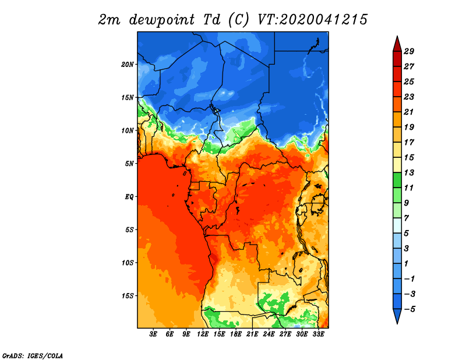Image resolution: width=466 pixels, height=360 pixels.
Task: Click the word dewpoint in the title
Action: pyautogui.click(x=162, y=20)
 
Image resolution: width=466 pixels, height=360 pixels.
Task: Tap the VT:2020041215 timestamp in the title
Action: pyautogui.click(x=312, y=20)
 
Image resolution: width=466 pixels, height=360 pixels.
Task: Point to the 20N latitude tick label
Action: pyautogui.click(x=127, y=65)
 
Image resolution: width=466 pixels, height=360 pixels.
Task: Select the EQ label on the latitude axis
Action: pyautogui.click(x=129, y=197)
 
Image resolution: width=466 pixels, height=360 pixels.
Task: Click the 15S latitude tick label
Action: pyautogui.click(x=127, y=296)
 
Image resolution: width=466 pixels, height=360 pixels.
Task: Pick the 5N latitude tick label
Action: pyautogui.click(x=129, y=164)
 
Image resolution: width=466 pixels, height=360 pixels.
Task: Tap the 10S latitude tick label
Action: pyautogui.click(x=127, y=263)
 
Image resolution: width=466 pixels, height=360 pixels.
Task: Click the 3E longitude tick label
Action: pyautogui.click(x=153, y=334)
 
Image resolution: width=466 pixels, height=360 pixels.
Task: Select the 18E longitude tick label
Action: pyautogui.click(x=236, y=334)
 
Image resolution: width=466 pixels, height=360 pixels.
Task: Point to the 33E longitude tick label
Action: pyautogui.click(x=318, y=334)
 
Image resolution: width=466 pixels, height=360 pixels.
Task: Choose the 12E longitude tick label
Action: pyautogui.click(x=203, y=334)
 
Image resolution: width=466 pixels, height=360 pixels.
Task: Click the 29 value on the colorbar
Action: pyautogui.click(x=409, y=51)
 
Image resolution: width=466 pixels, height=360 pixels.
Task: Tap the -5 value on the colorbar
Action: pyautogui.click(x=409, y=309)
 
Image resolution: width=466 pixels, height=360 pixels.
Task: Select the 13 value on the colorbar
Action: pyautogui.click(x=409, y=172)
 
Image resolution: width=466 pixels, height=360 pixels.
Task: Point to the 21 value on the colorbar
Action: pyautogui.click(x=409, y=112)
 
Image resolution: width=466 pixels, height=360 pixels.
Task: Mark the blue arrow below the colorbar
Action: pyautogui.click(x=397, y=316)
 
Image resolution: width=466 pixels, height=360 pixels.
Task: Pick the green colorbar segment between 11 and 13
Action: pyautogui.click(x=397, y=180)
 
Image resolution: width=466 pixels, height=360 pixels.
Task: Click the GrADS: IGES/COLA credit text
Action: pyautogui.click(x=33, y=355)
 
